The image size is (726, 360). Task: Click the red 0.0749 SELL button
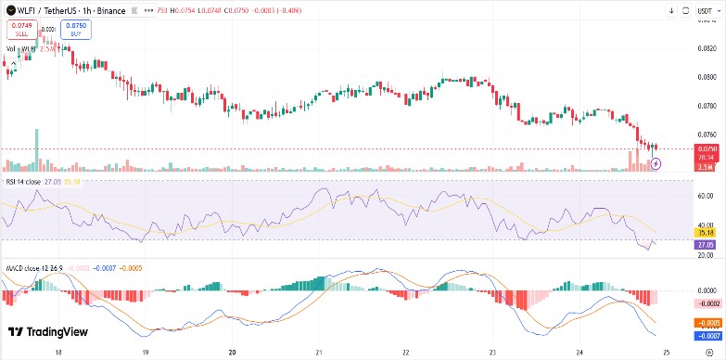pos(21,30)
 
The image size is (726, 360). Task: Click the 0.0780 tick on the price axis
pos(706,105)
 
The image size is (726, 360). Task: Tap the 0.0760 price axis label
pos(706,134)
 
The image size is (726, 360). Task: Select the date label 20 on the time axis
pos(232,353)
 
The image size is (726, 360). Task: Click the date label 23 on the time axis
pos(492,353)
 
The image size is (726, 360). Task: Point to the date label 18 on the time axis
pos(58,353)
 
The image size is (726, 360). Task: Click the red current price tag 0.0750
pos(706,148)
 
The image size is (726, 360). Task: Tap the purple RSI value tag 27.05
pos(706,244)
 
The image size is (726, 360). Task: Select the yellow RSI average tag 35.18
pos(706,232)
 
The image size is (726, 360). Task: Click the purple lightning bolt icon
pos(657,163)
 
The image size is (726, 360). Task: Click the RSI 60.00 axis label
pos(706,196)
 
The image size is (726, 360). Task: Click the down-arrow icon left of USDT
pos(671,10)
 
